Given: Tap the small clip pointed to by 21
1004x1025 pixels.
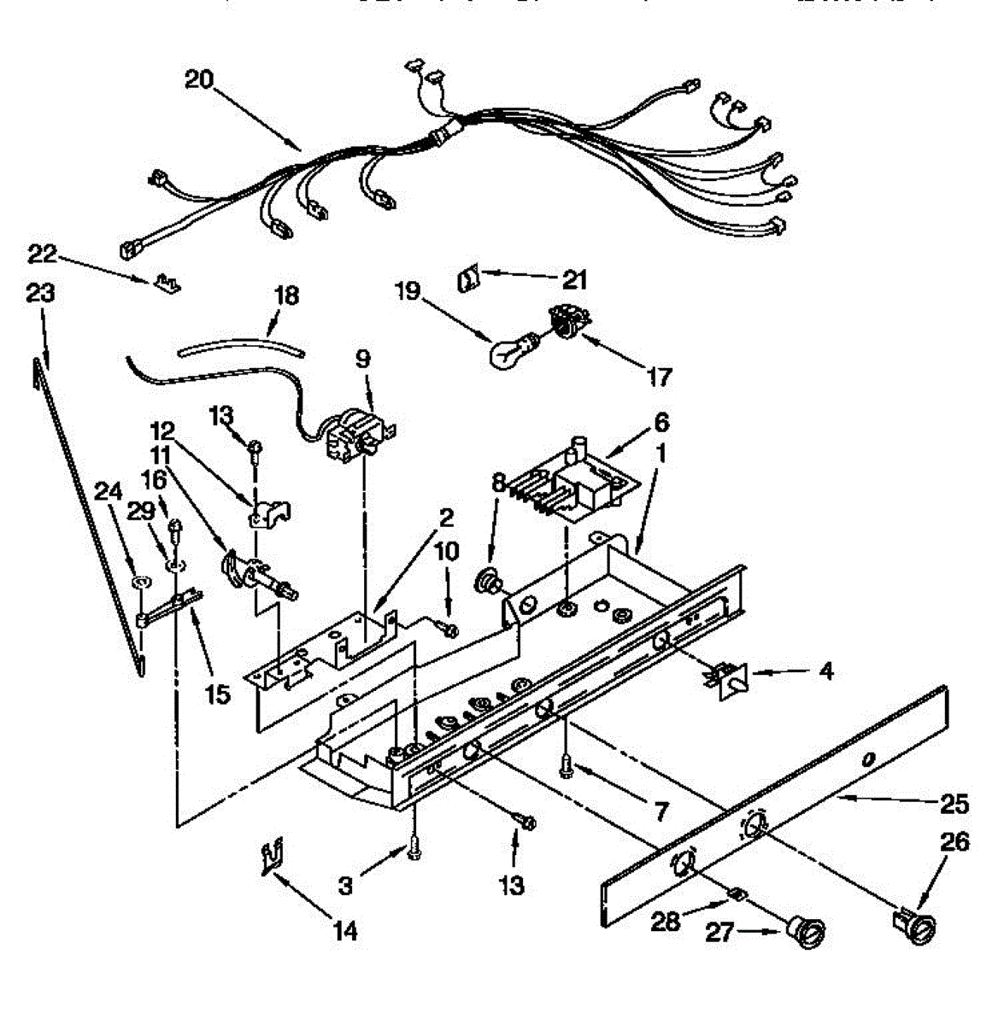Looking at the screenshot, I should [x=467, y=278].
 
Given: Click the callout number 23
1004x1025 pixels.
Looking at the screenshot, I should [x=39, y=293].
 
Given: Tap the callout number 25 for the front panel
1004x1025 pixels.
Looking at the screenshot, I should [x=954, y=804].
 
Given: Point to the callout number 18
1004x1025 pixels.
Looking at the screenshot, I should [x=286, y=296].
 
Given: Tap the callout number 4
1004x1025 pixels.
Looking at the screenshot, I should [x=825, y=671].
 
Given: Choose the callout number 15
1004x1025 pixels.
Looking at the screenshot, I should [x=217, y=694].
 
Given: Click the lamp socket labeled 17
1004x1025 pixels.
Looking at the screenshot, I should [x=564, y=325].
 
